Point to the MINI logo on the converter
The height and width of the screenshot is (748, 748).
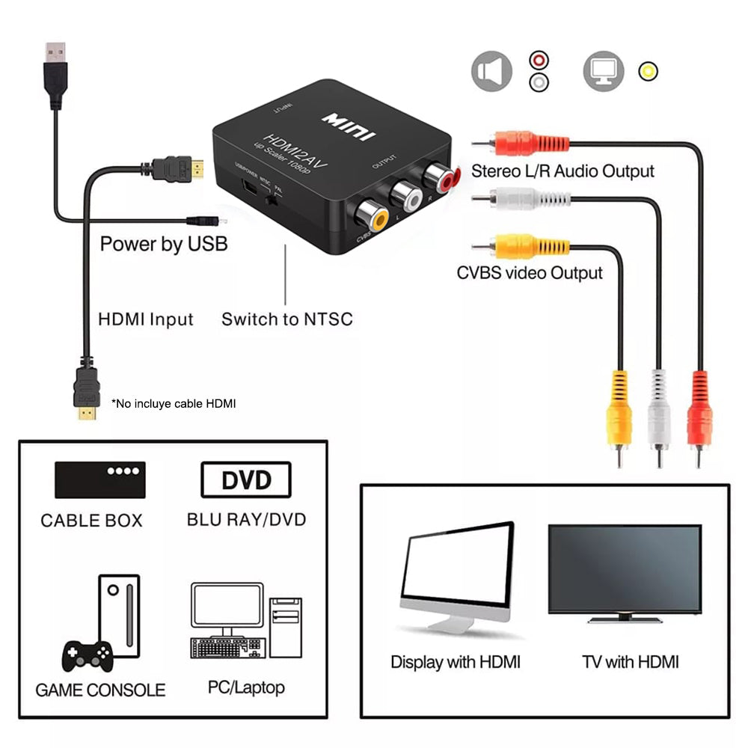pyautogui.click(x=349, y=126)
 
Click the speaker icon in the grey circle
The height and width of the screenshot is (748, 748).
pyautogui.click(x=491, y=71)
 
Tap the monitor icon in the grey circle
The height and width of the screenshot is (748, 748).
pyautogui.click(x=603, y=71)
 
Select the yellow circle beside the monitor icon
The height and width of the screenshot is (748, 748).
pyautogui.click(x=648, y=71)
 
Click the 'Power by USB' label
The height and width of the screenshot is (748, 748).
pyautogui.click(x=164, y=244)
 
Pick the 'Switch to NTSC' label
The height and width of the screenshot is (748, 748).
pyautogui.click(x=286, y=319)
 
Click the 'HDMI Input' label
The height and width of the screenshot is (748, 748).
pyautogui.click(x=146, y=319)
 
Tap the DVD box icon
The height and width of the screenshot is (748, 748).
pyautogui.click(x=245, y=479)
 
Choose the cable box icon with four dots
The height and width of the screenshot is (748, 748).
pyautogui.click(x=99, y=479)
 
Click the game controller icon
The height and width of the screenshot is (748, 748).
pyautogui.click(x=87, y=656)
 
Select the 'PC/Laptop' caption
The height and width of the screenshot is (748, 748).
pyautogui.click(x=246, y=687)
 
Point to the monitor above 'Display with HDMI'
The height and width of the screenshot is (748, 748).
pyautogui.click(x=456, y=576)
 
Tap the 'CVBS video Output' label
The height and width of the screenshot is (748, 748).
pyautogui.click(x=530, y=273)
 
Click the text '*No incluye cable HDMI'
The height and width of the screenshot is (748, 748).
pyautogui.click(x=174, y=404)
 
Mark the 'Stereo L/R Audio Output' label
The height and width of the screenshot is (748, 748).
pyautogui.click(x=562, y=171)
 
